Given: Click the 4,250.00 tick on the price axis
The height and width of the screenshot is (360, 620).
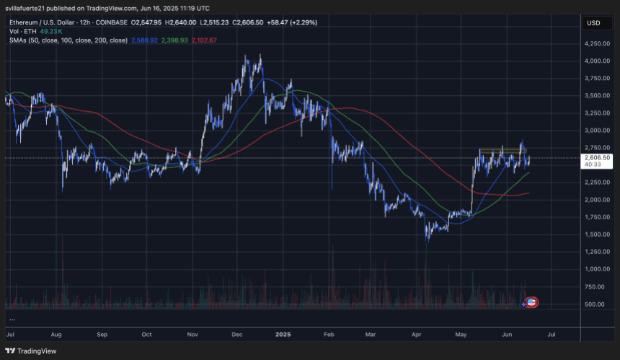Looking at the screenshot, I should coord(597,43).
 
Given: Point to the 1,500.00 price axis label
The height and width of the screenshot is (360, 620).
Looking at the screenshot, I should coord(597,234).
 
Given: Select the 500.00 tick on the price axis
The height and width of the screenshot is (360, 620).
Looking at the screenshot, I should coord(595,304).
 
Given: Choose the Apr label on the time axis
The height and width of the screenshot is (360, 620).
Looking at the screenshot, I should coord(415,335).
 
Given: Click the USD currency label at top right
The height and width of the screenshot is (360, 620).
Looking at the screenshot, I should coord(594,22).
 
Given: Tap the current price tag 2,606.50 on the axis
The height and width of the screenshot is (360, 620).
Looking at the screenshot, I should coord(598,157).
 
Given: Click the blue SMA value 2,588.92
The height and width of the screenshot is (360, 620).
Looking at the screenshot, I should coord(144,40).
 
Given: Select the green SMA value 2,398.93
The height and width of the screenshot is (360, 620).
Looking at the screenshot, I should coord(174,40).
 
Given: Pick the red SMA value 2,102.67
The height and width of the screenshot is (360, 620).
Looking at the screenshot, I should coord(204,40).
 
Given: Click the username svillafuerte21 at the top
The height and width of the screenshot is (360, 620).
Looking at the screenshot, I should coord(32,7).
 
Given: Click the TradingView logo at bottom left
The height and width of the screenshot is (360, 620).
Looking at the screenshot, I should coord(29,351).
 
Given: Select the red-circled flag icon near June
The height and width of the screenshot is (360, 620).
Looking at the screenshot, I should coord(532,303).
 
